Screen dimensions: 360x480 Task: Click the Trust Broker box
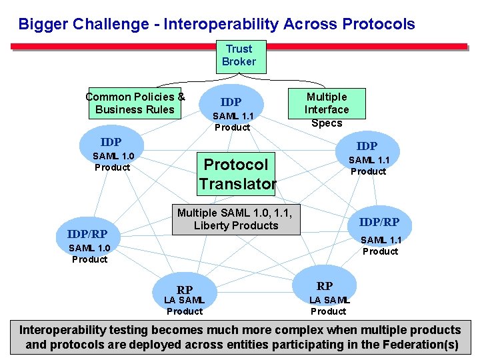[239, 56]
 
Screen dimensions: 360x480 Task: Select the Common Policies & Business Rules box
[135, 103]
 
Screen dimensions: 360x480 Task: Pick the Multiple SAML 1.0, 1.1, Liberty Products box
[236, 219]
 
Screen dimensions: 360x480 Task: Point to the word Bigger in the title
[41, 25]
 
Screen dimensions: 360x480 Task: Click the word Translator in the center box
[237, 183]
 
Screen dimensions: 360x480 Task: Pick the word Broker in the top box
[239, 62]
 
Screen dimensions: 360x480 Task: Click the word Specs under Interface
[327, 123]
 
